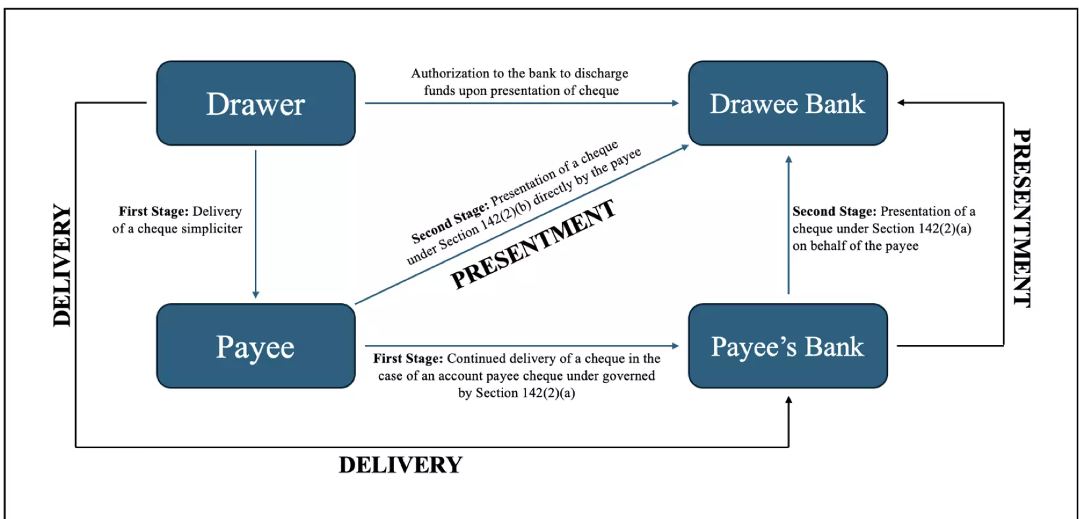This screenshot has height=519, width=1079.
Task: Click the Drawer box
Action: click(255, 103)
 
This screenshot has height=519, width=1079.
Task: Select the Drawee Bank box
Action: click(788, 103)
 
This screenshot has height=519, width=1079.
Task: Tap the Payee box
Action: click(255, 346)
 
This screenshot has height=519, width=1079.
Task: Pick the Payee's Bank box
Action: click(788, 346)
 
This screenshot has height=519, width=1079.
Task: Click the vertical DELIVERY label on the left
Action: click(62, 265)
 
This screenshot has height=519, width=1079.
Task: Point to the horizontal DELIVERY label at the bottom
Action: click(401, 465)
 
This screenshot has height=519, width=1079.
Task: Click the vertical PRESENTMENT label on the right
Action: click(1022, 217)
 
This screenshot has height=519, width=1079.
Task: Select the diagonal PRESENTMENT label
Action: click(533, 244)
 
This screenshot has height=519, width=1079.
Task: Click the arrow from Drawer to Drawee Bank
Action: click(521, 103)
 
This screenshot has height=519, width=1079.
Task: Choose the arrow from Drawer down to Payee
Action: click(255, 224)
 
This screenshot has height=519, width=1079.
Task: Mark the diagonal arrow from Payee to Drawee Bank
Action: click(522, 224)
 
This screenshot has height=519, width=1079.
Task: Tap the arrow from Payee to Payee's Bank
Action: click(521, 346)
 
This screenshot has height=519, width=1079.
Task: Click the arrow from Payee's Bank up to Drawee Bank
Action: click(789, 225)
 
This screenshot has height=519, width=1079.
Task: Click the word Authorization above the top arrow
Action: click(450, 73)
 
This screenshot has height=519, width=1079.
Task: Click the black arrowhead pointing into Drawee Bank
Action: click(901, 102)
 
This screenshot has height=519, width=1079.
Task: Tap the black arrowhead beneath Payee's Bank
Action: click(789, 400)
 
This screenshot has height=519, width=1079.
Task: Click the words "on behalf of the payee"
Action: click(856, 246)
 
